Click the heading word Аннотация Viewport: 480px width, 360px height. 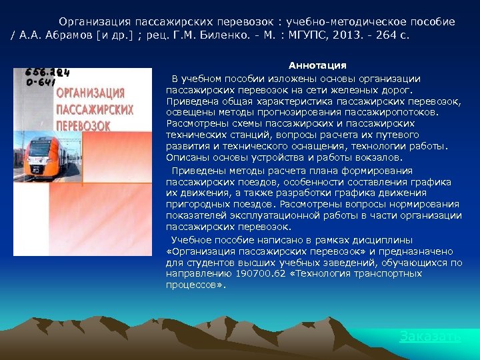(x=317, y=65)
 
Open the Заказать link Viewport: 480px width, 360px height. (x=430, y=337)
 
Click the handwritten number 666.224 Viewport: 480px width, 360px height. (x=47, y=73)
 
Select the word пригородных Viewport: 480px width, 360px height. (x=196, y=204)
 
